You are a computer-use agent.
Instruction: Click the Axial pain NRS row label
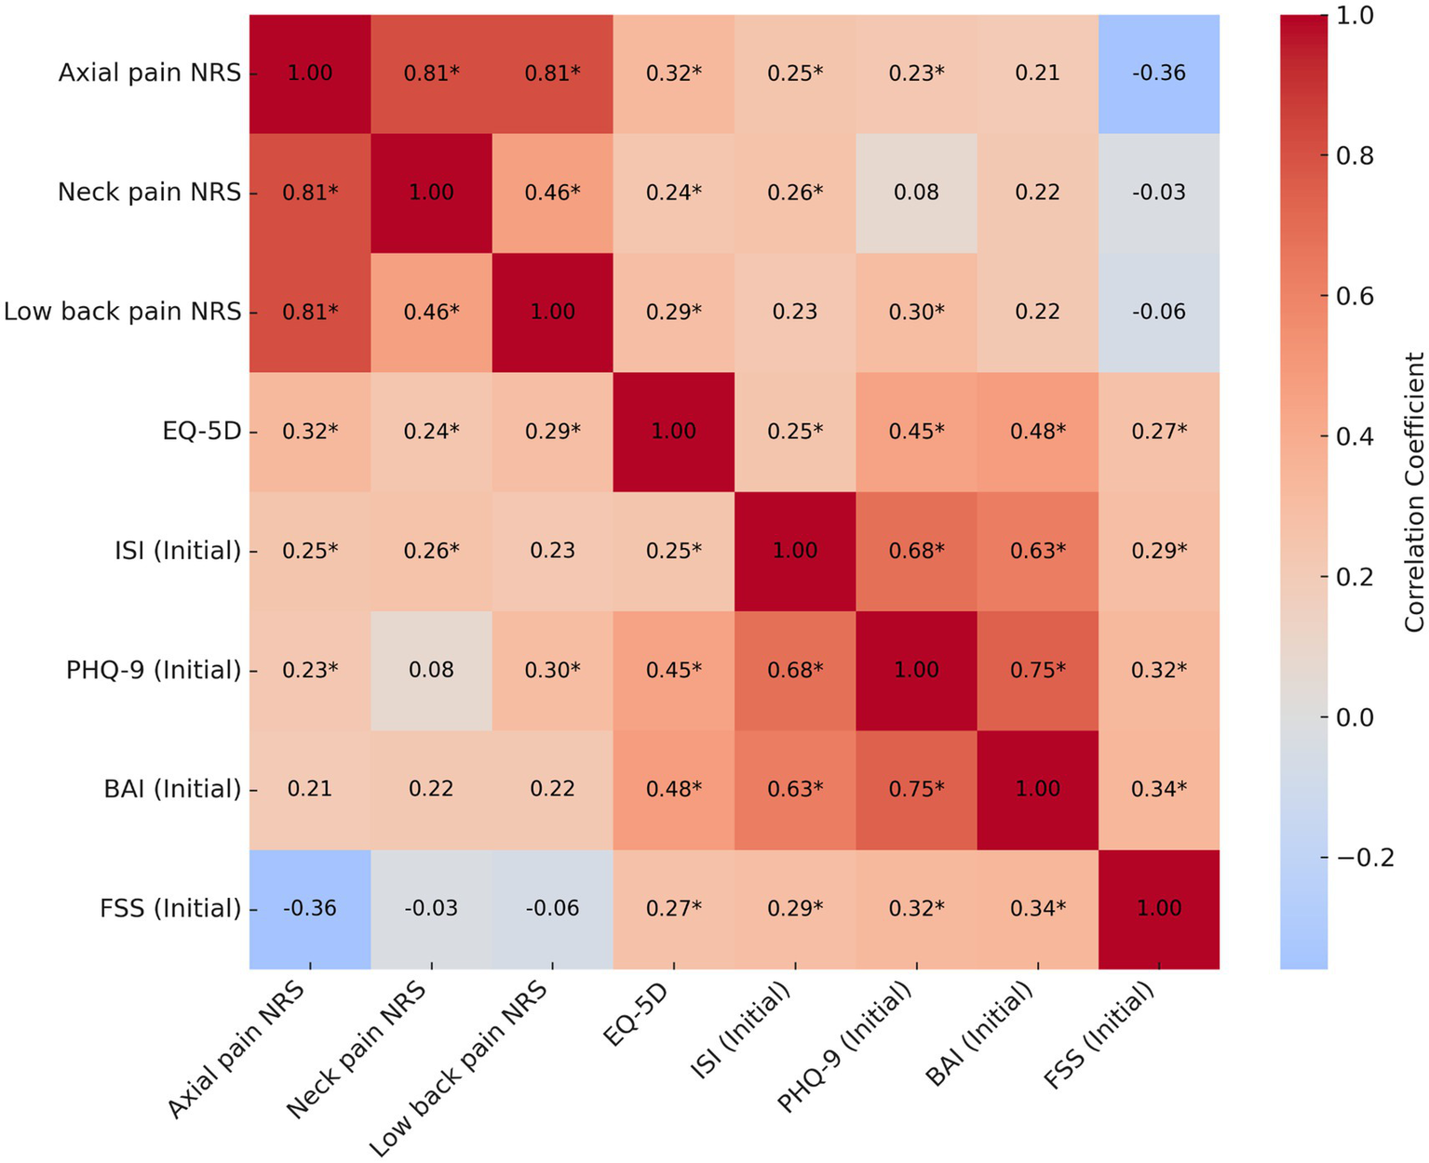149,73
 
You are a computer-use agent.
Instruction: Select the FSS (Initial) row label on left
169,908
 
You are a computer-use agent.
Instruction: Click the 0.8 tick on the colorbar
1355,155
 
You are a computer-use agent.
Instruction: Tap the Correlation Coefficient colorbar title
1414,492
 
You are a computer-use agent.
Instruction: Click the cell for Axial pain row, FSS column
1158,74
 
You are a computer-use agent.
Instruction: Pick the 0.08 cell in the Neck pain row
916,193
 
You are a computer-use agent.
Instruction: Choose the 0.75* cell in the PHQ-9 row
1037,670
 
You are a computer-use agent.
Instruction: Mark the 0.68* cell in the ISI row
916,551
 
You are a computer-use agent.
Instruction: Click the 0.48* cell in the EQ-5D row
1037,432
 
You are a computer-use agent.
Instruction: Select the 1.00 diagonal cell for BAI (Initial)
1037,789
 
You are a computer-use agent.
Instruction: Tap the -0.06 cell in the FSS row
552,908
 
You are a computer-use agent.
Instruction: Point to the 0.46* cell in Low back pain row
431,312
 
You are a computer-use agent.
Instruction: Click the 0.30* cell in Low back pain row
916,312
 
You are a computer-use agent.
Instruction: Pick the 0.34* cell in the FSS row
1037,908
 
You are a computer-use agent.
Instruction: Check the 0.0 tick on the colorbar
1355,716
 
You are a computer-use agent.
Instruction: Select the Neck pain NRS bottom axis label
358,1051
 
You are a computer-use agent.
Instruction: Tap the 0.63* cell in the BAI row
794,789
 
